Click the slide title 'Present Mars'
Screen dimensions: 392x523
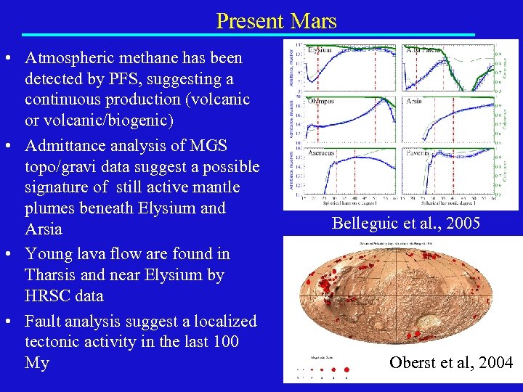(x=276, y=20)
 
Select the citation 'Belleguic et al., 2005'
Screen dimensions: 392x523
(x=406, y=224)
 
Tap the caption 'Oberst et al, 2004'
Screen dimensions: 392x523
(x=450, y=363)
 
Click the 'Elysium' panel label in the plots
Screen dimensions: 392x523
(x=320, y=50)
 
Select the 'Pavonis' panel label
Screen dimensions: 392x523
(x=418, y=153)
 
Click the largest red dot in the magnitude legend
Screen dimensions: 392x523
(x=346, y=369)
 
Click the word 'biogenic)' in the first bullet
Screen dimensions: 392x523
(x=203, y=119)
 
